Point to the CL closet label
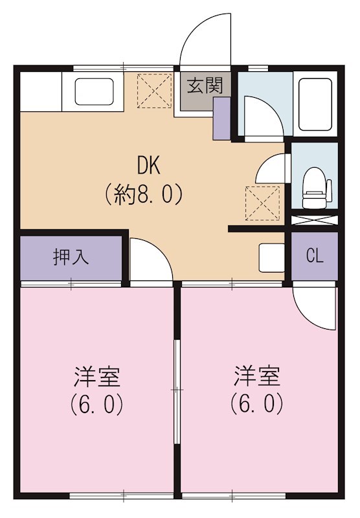pos(314,256)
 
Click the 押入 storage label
pos(71,257)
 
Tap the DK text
pos(148,166)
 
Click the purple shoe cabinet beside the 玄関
pos(221,118)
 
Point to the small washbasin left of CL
pos(271,257)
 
